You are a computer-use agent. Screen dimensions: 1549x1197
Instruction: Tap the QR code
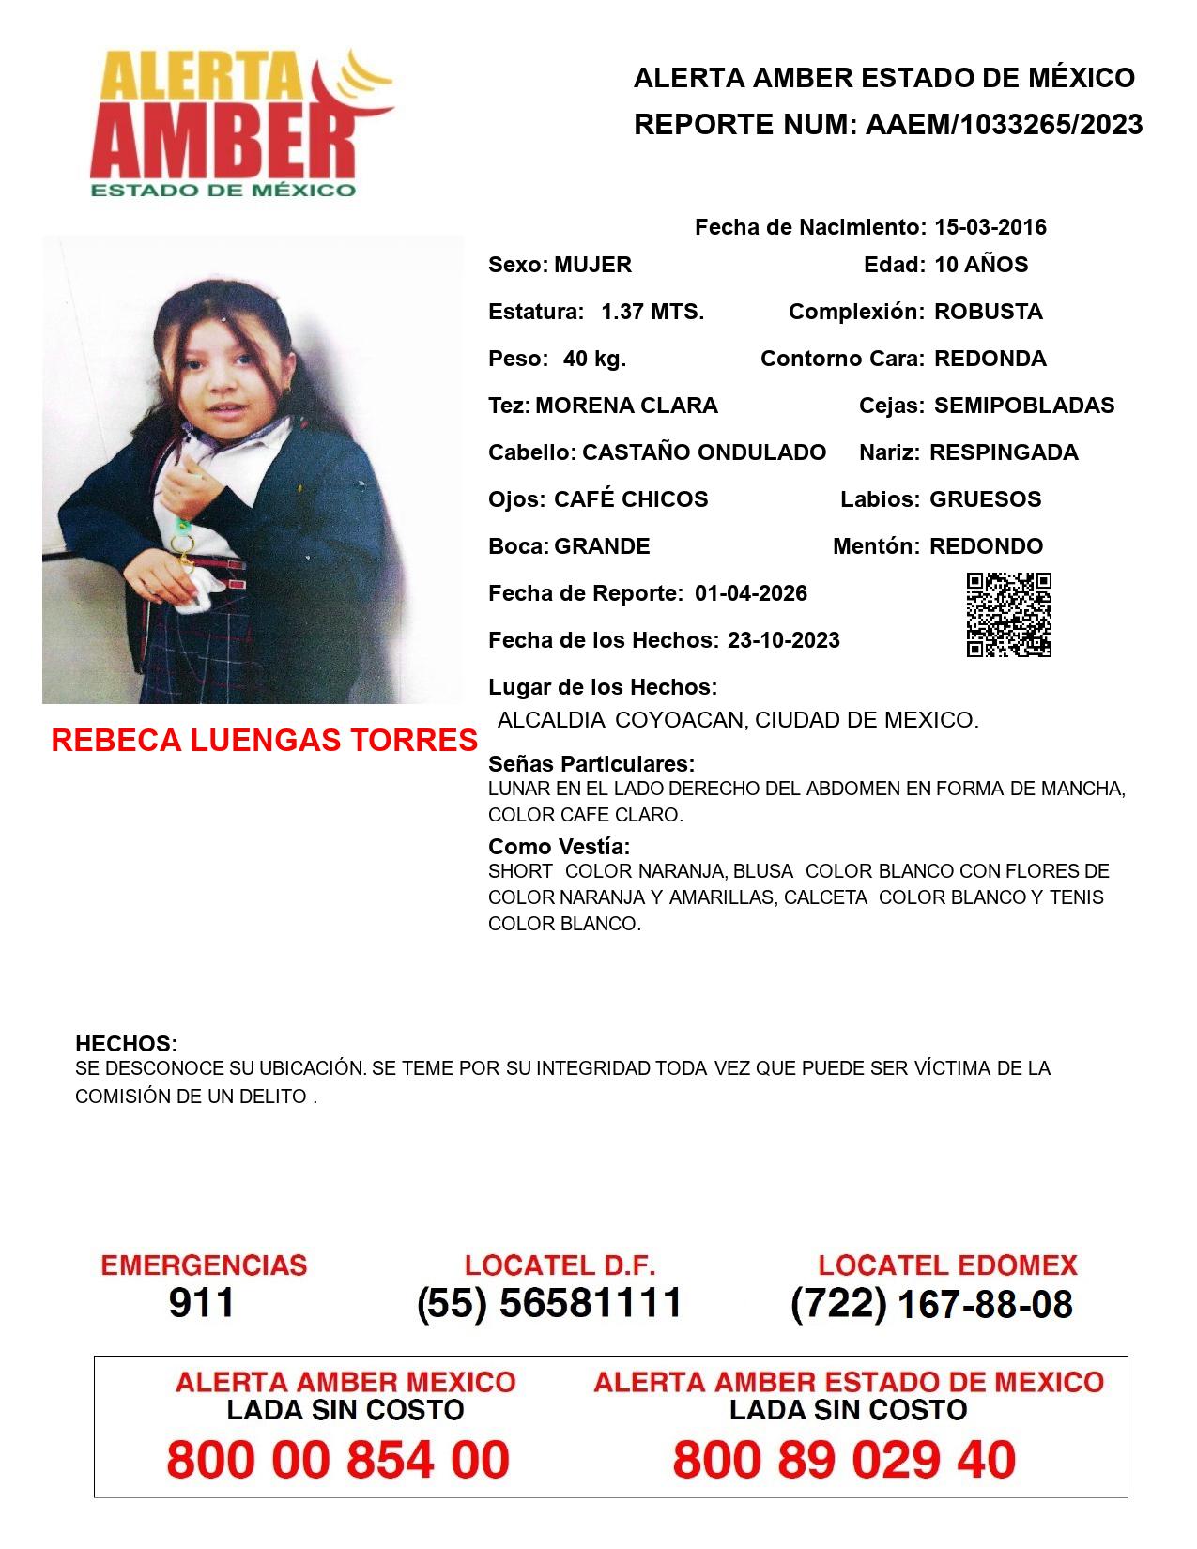tap(1008, 615)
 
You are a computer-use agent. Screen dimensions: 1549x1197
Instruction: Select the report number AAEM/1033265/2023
tap(1004, 125)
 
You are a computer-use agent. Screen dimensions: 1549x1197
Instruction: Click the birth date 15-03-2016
tap(990, 227)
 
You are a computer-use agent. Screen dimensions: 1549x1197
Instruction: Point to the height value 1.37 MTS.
tap(652, 312)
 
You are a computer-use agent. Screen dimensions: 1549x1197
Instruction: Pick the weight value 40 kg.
tap(594, 359)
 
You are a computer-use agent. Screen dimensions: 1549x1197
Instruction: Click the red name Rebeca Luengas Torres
tap(264, 741)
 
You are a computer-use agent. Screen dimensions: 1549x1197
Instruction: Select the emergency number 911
tap(202, 1303)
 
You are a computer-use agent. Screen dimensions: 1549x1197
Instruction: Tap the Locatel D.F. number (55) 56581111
tap(549, 1303)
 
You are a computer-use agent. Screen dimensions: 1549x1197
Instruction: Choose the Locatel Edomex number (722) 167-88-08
tap(931, 1304)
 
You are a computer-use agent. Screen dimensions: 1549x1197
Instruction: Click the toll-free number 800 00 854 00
tap(338, 1460)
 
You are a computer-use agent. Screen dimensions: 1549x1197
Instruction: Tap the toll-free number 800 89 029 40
tap(844, 1460)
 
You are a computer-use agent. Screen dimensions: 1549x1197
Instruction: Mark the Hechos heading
tap(126, 1044)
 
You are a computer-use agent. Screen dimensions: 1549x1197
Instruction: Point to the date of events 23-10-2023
tap(783, 640)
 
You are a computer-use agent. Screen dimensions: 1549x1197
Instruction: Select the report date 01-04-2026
tap(751, 593)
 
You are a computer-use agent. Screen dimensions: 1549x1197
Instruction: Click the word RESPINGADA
tap(1004, 452)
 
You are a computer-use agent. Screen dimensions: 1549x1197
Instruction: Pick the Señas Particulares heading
tap(591, 763)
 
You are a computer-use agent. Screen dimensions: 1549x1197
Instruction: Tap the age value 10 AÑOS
tap(981, 265)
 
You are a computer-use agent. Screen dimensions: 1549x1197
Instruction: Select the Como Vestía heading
tap(559, 846)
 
